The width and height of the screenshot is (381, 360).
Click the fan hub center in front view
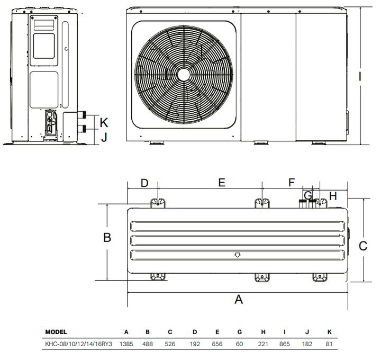click(x=183, y=74)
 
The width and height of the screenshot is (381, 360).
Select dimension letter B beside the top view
click(x=107, y=238)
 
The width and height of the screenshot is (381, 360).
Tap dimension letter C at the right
click(x=363, y=246)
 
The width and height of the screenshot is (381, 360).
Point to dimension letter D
click(x=144, y=183)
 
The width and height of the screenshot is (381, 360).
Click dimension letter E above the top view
click(x=222, y=183)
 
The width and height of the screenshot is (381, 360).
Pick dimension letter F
click(x=292, y=183)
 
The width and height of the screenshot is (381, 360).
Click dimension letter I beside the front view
click(x=360, y=77)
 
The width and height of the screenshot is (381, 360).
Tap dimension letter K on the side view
click(x=104, y=123)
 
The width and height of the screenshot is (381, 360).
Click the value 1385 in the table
click(x=126, y=345)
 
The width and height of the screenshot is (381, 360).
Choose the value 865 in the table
click(x=285, y=345)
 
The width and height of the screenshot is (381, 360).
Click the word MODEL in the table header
click(x=56, y=332)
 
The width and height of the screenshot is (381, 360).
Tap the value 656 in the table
click(x=217, y=345)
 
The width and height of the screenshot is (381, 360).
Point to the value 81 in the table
click(x=329, y=345)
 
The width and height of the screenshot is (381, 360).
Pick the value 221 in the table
click(x=262, y=345)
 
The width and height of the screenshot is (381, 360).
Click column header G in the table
click(x=240, y=332)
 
